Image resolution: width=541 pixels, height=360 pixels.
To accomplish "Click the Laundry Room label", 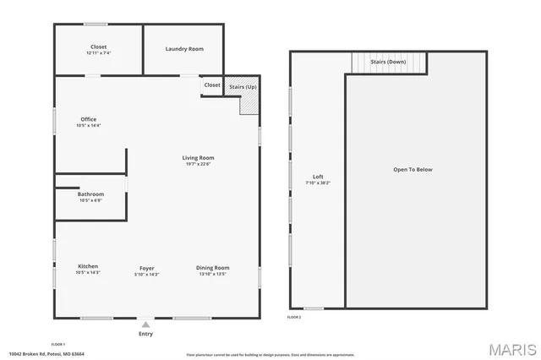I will pyautogui.click(x=183, y=49).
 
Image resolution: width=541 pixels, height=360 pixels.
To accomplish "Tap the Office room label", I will pyautogui.click(x=89, y=119).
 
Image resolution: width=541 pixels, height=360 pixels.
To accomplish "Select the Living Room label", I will pyautogui.click(x=199, y=158).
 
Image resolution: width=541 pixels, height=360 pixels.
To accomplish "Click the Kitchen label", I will pyautogui.click(x=88, y=267).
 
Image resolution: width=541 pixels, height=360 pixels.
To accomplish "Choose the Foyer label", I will pyautogui.click(x=147, y=268).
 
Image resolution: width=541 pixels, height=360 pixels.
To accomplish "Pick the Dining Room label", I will pyautogui.click(x=212, y=268).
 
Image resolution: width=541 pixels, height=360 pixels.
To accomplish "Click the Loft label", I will pyautogui.click(x=318, y=177).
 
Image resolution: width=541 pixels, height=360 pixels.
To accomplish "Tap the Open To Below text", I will pyautogui.click(x=413, y=170).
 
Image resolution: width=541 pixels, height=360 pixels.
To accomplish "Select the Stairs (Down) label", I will pyautogui.click(x=390, y=62).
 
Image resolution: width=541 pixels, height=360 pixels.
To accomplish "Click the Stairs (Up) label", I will pyautogui.click(x=243, y=86).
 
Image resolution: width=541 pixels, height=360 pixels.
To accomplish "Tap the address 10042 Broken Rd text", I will pyautogui.click(x=46, y=354).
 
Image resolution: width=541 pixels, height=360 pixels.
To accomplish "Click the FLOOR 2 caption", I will pyautogui.click(x=294, y=317).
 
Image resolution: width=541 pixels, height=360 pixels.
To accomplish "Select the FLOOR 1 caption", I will pyautogui.click(x=58, y=344).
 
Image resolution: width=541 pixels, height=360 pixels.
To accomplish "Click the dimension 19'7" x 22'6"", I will pyautogui.click(x=199, y=164).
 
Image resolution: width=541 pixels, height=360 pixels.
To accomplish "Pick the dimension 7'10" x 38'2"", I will pyautogui.click(x=318, y=183).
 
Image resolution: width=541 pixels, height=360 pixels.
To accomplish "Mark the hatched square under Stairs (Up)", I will pyautogui.click(x=249, y=103).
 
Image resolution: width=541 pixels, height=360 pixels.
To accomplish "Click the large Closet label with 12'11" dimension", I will pyautogui.click(x=98, y=46).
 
